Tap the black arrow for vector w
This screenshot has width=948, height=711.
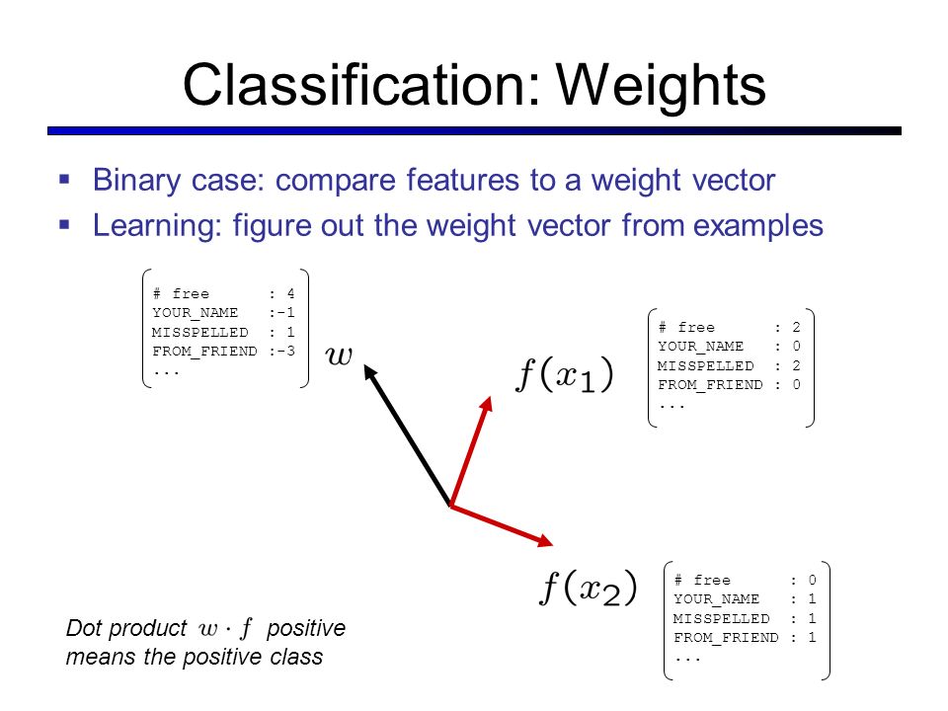pyautogui.click(x=407, y=434)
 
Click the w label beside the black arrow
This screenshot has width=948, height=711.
pyautogui.click(x=339, y=355)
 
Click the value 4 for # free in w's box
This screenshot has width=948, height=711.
pyautogui.click(x=289, y=293)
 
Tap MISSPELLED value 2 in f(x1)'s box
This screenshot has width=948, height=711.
pyautogui.click(x=795, y=365)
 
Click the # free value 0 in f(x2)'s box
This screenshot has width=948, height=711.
pyautogui.click(x=811, y=581)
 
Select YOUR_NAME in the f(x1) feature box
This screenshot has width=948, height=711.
pyautogui.click(x=701, y=347)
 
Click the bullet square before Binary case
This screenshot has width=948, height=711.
pyautogui.click(x=65, y=180)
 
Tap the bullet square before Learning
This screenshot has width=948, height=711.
pyautogui.click(x=65, y=224)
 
